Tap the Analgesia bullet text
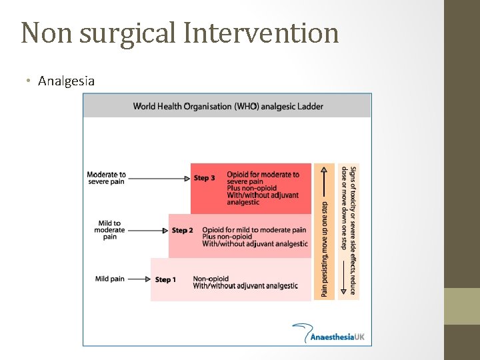click(x=66, y=81)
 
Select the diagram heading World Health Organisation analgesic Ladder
click(x=227, y=106)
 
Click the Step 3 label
click(x=204, y=178)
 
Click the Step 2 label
click(x=182, y=231)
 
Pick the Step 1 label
click(x=165, y=279)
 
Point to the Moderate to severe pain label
click(x=106, y=178)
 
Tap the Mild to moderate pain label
click(x=110, y=230)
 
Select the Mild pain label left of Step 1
click(x=109, y=279)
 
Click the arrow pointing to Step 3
click(x=159, y=178)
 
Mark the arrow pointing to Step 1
click(x=139, y=279)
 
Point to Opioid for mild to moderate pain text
click(x=254, y=230)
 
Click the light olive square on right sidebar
click(x=462, y=306)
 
